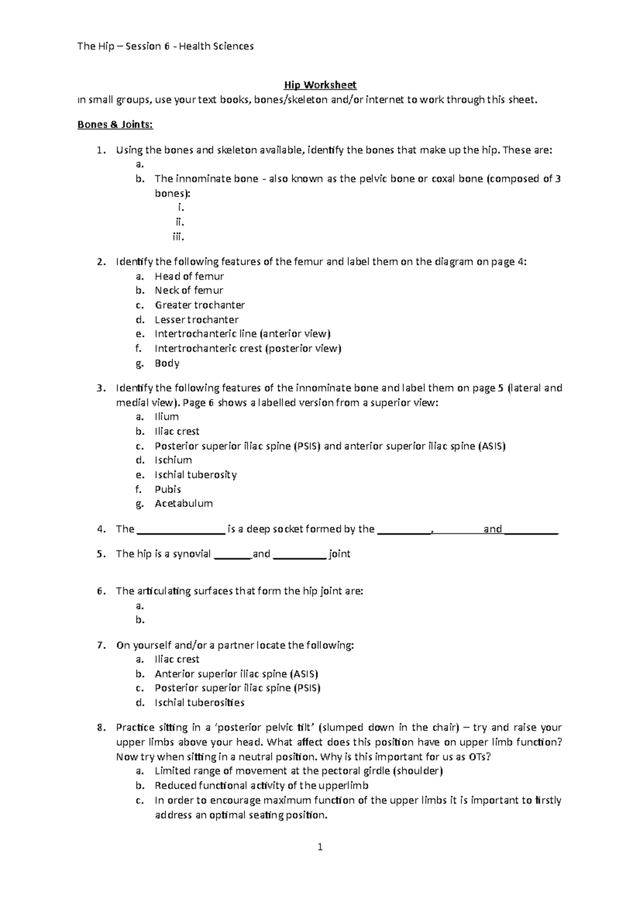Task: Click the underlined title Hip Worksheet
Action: point(320,85)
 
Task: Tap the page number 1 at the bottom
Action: point(320,847)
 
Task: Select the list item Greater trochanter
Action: point(199,305)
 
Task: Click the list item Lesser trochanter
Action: point(196,320)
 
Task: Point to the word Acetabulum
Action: point(183,503)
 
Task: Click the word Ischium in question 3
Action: point(173,460)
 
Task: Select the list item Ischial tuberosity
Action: point(195,474)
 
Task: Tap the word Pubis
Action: point(167,489)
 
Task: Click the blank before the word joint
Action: point(299,554)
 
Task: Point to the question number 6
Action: point(101,591)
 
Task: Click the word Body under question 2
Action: point(167,363)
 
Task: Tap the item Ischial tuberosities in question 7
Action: point(199,703)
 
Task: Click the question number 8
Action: point(101,728)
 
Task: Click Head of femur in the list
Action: point(189,276)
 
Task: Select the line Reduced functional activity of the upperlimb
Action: point(261,785)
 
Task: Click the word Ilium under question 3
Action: point(166,417)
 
